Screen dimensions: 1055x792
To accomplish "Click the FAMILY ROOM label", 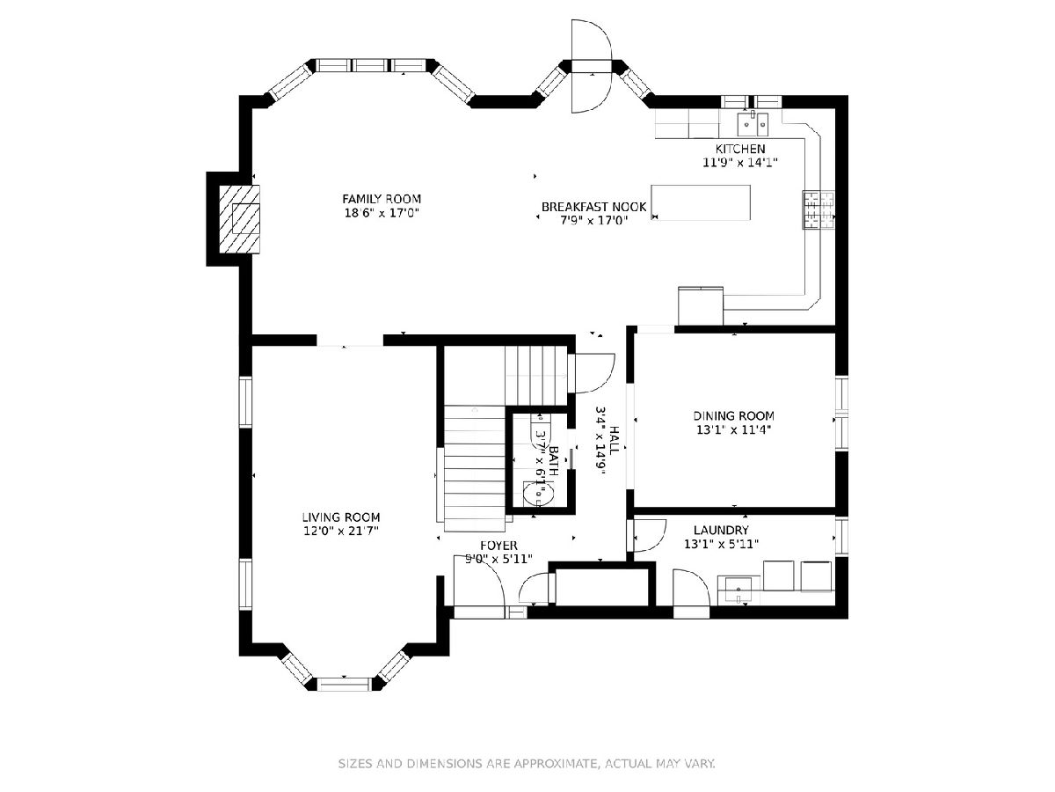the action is click(x=382, y=199).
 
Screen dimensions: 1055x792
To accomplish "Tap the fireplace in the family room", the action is click(x=240, y=219).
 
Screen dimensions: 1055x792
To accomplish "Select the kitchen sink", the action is click(x=753, y=124).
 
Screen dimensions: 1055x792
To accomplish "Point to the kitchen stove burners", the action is click(x=818, y=209).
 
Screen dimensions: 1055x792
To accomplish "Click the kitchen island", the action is click(x=701, y=202).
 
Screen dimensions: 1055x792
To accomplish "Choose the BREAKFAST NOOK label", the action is click(x=593, y=207).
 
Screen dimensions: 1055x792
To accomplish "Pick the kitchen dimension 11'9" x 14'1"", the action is click(x=740, y=163).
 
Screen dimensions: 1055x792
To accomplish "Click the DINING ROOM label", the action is click(x=733, y=415).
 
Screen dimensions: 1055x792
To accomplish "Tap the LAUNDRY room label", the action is click(x=721, y=530).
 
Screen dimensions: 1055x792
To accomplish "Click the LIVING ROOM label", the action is click(x=341, y=517).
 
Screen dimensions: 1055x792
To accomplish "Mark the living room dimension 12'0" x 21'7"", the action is click(x=341, y=531).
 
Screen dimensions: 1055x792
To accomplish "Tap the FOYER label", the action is click(x=498, y=546).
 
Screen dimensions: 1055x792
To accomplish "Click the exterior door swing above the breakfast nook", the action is click(x=591, y=66).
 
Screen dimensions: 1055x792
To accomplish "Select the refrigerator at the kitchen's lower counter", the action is click(x=701, y=305).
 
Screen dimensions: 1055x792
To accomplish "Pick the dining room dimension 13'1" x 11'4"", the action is click(x=733, y=429).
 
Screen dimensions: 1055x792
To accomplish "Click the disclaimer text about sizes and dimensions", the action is click(x=527, y=764).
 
